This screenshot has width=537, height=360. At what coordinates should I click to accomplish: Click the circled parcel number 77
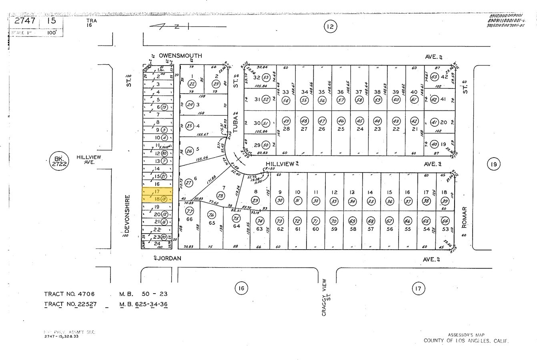point(190,211)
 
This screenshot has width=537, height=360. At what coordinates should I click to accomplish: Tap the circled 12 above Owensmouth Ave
point(330,27)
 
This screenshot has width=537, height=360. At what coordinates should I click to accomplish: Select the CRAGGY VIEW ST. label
point(325,298)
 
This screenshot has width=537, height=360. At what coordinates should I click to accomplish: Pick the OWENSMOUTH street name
point(180,56)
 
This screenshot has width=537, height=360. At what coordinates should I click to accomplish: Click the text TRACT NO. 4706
point(70,294)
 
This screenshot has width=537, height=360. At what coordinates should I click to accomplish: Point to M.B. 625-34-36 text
point(144,304)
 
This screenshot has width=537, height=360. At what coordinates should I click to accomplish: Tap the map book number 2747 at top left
point(25,21)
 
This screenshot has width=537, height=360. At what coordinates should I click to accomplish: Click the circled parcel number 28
point(220,195)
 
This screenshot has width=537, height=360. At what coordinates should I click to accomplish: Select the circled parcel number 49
point(286,121)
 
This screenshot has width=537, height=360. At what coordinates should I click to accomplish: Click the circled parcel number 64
point(445,221)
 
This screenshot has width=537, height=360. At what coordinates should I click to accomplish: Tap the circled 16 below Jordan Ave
point(240,288)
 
